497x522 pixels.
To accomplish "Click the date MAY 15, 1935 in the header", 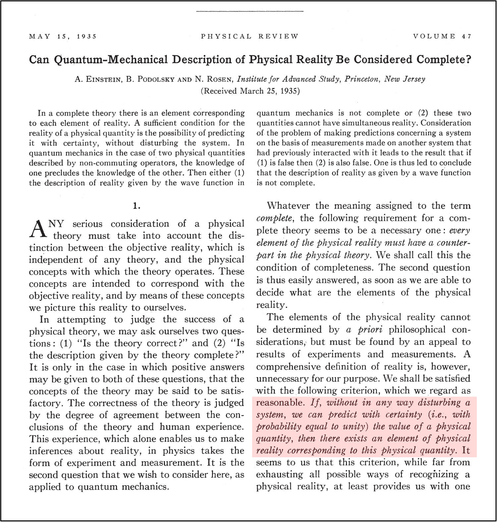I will point(63,36).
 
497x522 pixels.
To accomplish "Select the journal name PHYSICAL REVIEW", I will point(249,36).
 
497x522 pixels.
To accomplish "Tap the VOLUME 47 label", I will point(442,36).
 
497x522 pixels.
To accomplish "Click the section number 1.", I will point(137,206).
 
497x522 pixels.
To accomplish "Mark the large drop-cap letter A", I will point(37,230).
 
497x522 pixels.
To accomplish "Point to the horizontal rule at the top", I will point(249,12).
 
